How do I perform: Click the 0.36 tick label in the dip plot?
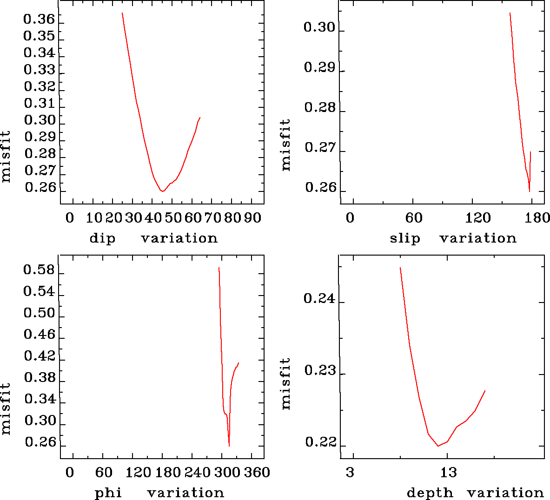(x=39, y=20)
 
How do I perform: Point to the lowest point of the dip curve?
(x=162, y=191)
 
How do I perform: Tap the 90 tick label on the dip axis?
(x=252, y=217)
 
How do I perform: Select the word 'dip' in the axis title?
(x=102, y=238)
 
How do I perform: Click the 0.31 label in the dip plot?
(x=39, y=103)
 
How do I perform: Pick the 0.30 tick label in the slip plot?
(x=319, y=27)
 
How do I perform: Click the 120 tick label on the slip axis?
(x=478, y=217)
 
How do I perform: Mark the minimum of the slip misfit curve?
(x=529, y=191)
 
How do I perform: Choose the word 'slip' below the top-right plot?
(x=404, y=238)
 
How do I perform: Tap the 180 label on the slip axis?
(x=539, y=217)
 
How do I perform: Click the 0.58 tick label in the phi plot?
(x=39, y=270)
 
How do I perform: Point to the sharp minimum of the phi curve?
(x=229, y=446)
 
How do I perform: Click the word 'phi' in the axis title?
(x=108, y=493)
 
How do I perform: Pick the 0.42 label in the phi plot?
(x=39, y=356)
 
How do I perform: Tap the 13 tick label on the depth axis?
(x=448, y=473)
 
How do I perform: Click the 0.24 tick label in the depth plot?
(x=319, y=298)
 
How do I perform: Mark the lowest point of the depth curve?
(x=438, y=446)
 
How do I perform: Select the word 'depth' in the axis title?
(x=430, y=493)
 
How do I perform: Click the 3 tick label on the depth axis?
(x=350, y=473)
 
